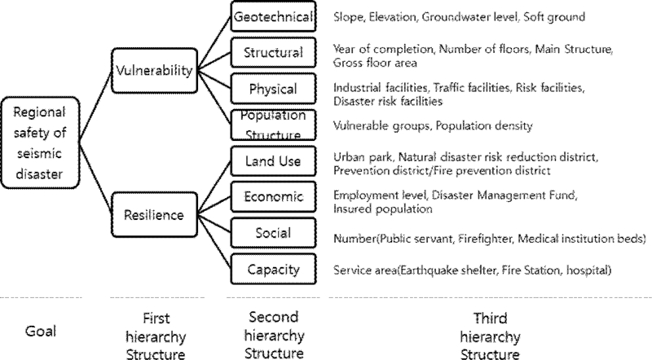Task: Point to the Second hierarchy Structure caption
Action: [x=272, y=335]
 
